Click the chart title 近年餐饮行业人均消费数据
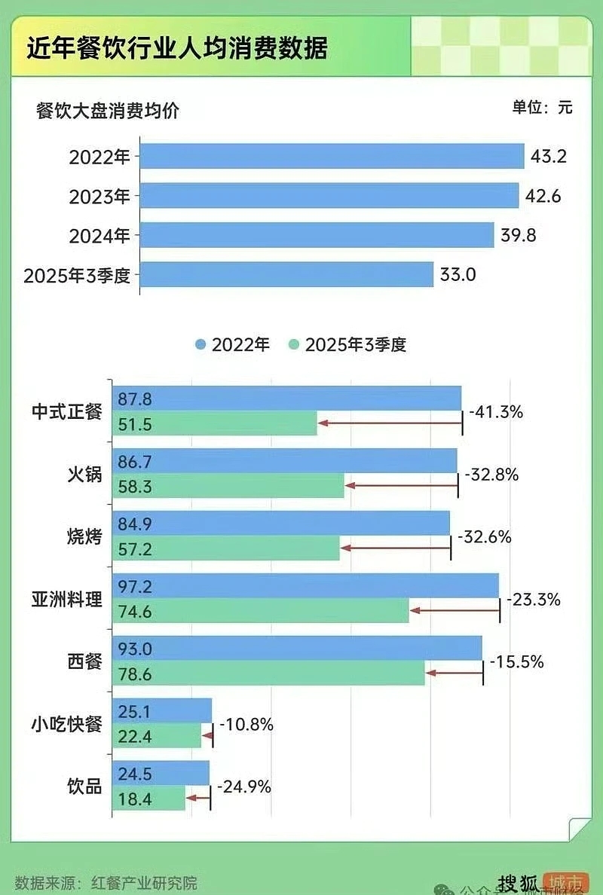[177, 49]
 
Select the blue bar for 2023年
[330, 195]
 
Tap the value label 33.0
[458, 274]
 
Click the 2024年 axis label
[99, 236]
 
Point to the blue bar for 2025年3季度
[287, 274]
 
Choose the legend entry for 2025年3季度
[348, 345]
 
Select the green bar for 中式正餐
[215, 423]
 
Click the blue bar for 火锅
[285, 460]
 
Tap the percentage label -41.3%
[496, 412]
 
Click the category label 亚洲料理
[66, 600]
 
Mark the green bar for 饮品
[148, 799]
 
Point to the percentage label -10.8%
[246, 725]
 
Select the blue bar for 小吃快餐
[162, 710]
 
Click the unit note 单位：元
[543, 107]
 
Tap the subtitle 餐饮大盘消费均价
[108, 111]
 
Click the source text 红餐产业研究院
[144, 882]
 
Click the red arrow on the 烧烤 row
[395, 548]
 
